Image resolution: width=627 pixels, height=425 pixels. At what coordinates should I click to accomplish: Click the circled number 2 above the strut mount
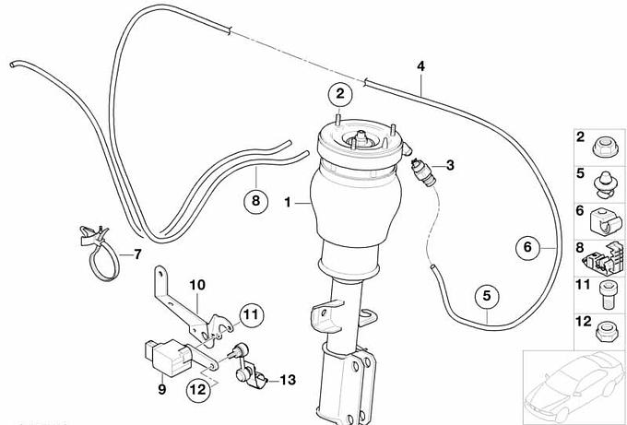click(339, 93)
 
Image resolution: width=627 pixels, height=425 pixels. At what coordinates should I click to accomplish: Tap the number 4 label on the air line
click(421, 66)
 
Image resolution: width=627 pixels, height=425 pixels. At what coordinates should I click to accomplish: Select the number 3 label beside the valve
click(450, 166)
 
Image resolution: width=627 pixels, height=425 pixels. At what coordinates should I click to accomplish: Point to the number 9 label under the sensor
click(160, 390)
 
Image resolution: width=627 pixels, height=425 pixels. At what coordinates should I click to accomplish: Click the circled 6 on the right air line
click(527, 247)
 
